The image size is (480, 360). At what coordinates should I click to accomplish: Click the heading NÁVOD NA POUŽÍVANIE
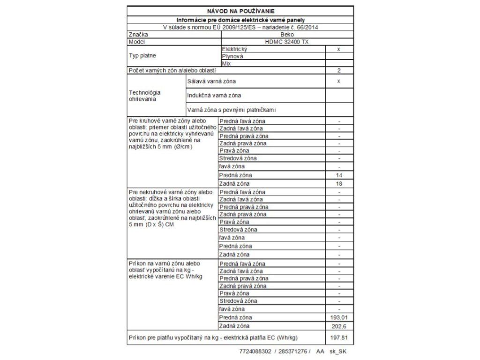[x=240, y=11]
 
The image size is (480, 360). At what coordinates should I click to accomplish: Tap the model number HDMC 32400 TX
[x=287, y=42]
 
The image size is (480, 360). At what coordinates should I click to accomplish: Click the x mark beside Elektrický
[x=339, y=49]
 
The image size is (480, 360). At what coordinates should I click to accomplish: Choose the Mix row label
[x=226, y=63]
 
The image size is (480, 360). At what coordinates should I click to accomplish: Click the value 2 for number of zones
[x=339, y=70]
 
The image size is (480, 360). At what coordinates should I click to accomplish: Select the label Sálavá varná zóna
[x=211, y=81]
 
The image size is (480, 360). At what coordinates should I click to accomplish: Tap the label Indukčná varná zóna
[x=214, y=96]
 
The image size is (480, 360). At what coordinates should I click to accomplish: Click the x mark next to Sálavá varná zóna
[x=339, y=81]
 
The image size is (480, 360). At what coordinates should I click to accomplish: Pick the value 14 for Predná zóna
[x=339, y=175]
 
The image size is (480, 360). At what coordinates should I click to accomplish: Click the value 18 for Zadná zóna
[x=339, y=183]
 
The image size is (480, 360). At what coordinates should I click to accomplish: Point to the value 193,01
[x=339, y=317]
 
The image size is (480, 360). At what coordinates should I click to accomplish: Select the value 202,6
[x=339, y=326]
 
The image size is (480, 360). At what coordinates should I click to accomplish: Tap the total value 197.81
[x=339, y=337]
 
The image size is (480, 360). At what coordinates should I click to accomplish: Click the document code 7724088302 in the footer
[x=255, y=351]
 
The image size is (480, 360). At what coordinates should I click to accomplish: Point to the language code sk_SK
[x=337, y=351]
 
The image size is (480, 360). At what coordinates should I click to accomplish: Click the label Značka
[x=137, y=35]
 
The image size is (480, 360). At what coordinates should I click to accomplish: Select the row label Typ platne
[x=142, y=56]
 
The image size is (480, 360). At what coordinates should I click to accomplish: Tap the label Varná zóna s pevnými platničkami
[x=232, y=110]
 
